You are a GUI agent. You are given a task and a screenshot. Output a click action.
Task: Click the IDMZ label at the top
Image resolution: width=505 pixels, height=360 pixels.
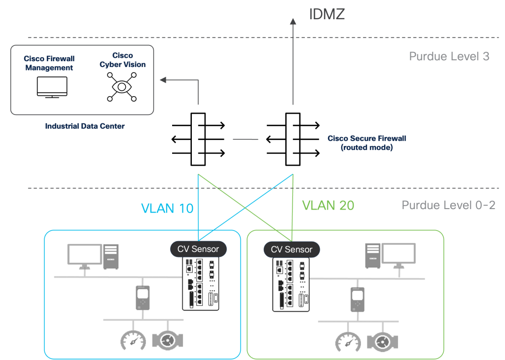326,14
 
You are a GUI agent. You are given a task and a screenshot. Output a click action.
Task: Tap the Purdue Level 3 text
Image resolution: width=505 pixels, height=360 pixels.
449,56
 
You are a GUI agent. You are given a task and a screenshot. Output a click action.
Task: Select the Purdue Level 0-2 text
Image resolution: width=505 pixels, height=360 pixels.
448,205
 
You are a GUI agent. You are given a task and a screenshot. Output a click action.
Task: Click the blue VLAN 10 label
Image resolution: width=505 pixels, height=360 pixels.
167,208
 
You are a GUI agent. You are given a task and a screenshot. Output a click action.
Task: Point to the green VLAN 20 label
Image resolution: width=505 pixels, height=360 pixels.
328,205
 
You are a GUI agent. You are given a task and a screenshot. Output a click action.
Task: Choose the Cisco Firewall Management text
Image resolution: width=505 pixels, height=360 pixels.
49,63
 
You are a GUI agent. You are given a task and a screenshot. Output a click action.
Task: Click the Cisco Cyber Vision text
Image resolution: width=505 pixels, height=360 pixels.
122,60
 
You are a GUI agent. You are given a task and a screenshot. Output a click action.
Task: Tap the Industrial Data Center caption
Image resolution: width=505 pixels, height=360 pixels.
85,126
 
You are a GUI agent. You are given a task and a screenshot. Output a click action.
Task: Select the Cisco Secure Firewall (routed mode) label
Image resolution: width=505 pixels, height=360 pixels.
367,143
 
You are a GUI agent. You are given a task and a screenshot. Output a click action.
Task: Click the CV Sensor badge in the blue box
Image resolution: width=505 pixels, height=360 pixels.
198,249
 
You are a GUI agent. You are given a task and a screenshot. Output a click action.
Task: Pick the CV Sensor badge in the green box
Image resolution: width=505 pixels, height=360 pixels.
291,249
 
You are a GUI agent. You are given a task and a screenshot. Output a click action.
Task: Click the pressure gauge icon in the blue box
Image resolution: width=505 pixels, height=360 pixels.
133,340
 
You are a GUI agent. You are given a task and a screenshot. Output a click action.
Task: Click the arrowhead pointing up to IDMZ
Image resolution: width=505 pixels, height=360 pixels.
293,21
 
